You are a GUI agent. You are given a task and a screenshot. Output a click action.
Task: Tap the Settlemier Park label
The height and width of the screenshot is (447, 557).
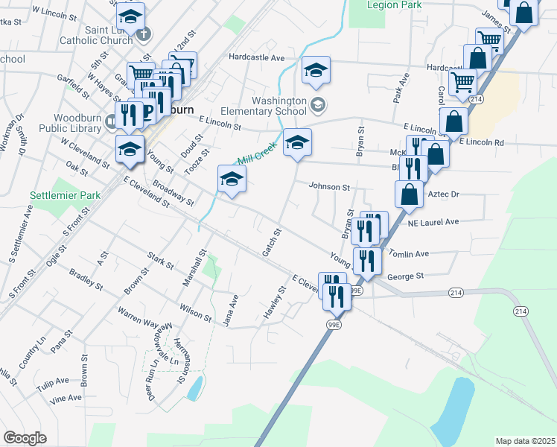click(54, 195)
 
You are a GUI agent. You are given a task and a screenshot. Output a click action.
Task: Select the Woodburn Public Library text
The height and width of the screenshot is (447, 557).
click(80, 124)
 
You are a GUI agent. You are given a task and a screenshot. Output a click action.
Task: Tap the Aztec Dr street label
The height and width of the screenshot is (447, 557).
click(444, 194)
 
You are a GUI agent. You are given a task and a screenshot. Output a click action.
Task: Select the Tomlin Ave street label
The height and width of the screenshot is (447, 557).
click(409, 254)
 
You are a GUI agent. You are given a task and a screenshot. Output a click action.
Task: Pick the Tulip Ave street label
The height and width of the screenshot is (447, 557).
click(51, 380)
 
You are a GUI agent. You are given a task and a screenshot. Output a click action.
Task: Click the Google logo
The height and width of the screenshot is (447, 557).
click(25, 437)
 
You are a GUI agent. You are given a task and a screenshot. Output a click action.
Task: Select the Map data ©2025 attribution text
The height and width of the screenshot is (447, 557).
click(525, 441)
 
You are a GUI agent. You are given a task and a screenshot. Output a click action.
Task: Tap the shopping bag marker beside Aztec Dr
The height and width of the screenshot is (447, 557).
click(409, 194)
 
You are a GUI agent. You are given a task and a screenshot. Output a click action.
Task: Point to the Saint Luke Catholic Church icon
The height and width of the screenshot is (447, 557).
click(145, 33)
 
